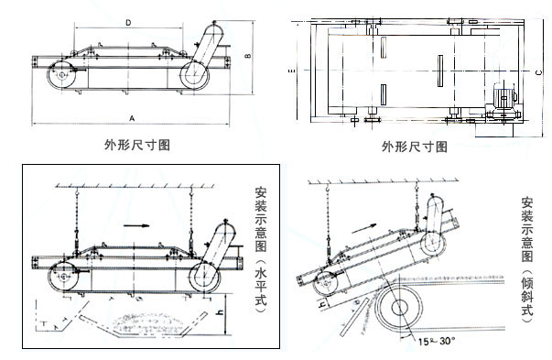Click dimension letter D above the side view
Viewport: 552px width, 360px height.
coord(128,18)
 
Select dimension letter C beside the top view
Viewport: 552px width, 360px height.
coord(539,71)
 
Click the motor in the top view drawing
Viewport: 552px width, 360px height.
coord(504,96)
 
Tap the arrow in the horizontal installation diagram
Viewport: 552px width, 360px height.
coord(137,222)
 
